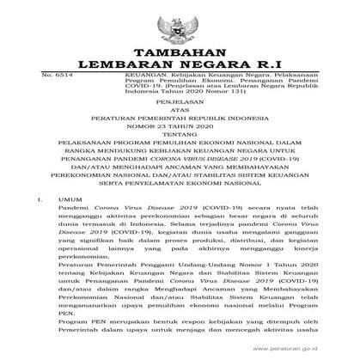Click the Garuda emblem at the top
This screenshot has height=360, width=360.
tap(180, 21)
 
